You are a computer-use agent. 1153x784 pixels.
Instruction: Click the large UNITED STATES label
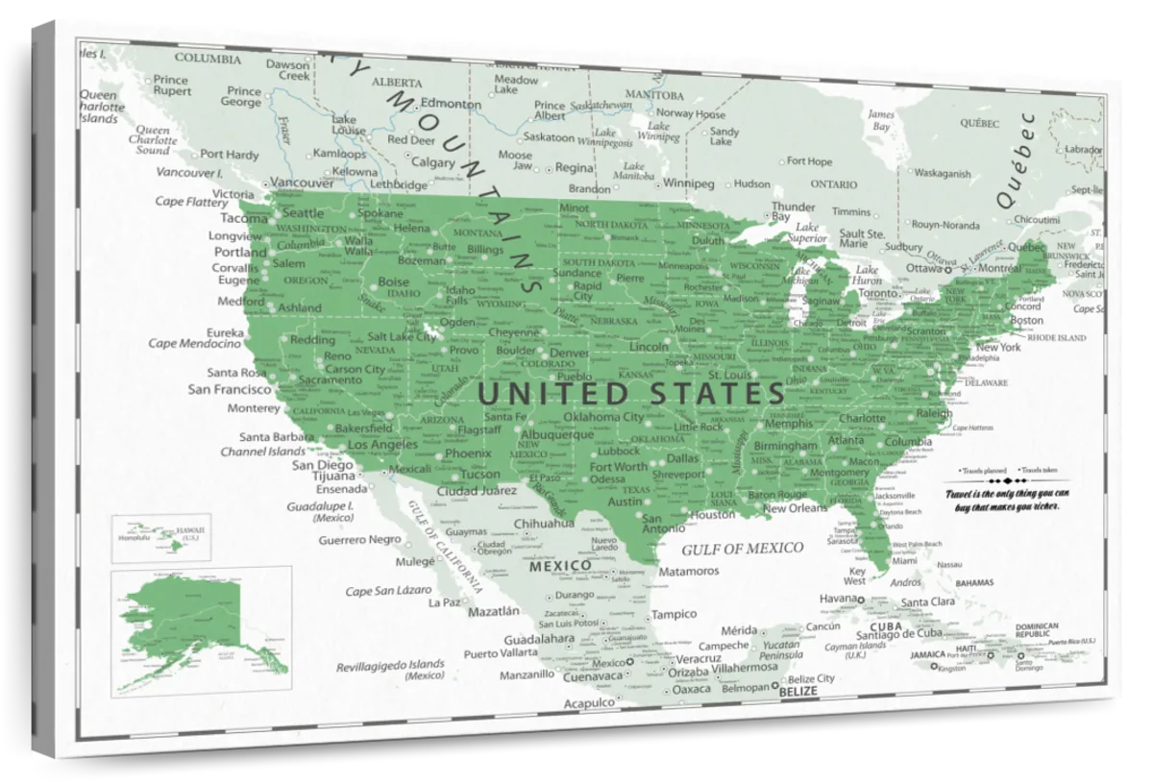(x=631, y=393)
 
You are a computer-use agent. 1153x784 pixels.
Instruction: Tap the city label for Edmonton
(x=451, y=104)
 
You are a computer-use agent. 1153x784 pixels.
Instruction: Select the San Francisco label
(x=229, y=389)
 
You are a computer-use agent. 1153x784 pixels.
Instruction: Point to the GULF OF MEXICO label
(x=742, y=549)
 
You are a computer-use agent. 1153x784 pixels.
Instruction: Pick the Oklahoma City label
(x=603, y=417)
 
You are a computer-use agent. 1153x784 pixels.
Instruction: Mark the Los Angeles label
(x=382, y=445)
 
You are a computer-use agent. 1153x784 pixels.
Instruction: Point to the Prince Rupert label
(x=171, y=86)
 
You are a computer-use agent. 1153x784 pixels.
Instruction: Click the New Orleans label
(x=795, y=508)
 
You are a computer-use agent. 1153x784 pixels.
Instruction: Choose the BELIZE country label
(x=799, y=691)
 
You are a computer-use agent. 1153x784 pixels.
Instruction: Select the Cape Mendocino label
(x=194, y=343)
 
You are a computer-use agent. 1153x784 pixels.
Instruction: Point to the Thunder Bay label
(x=794, y=211)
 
